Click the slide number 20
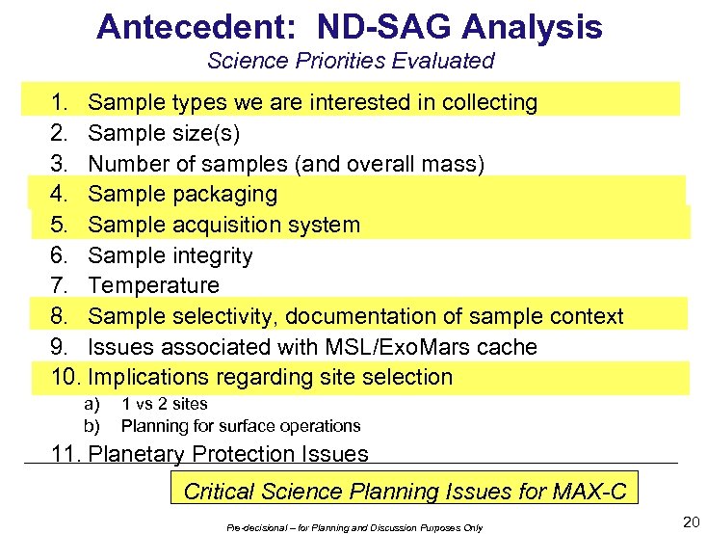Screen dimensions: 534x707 [x=691, y=521]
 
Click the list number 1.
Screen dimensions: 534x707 [x=59, y=102]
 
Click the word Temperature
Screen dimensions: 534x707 [x=153, y=285]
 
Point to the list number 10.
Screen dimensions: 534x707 [x=63, y=377]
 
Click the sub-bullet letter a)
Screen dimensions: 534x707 [x=92, y=404]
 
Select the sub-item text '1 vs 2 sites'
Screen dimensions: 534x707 [x=165, y=404]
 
